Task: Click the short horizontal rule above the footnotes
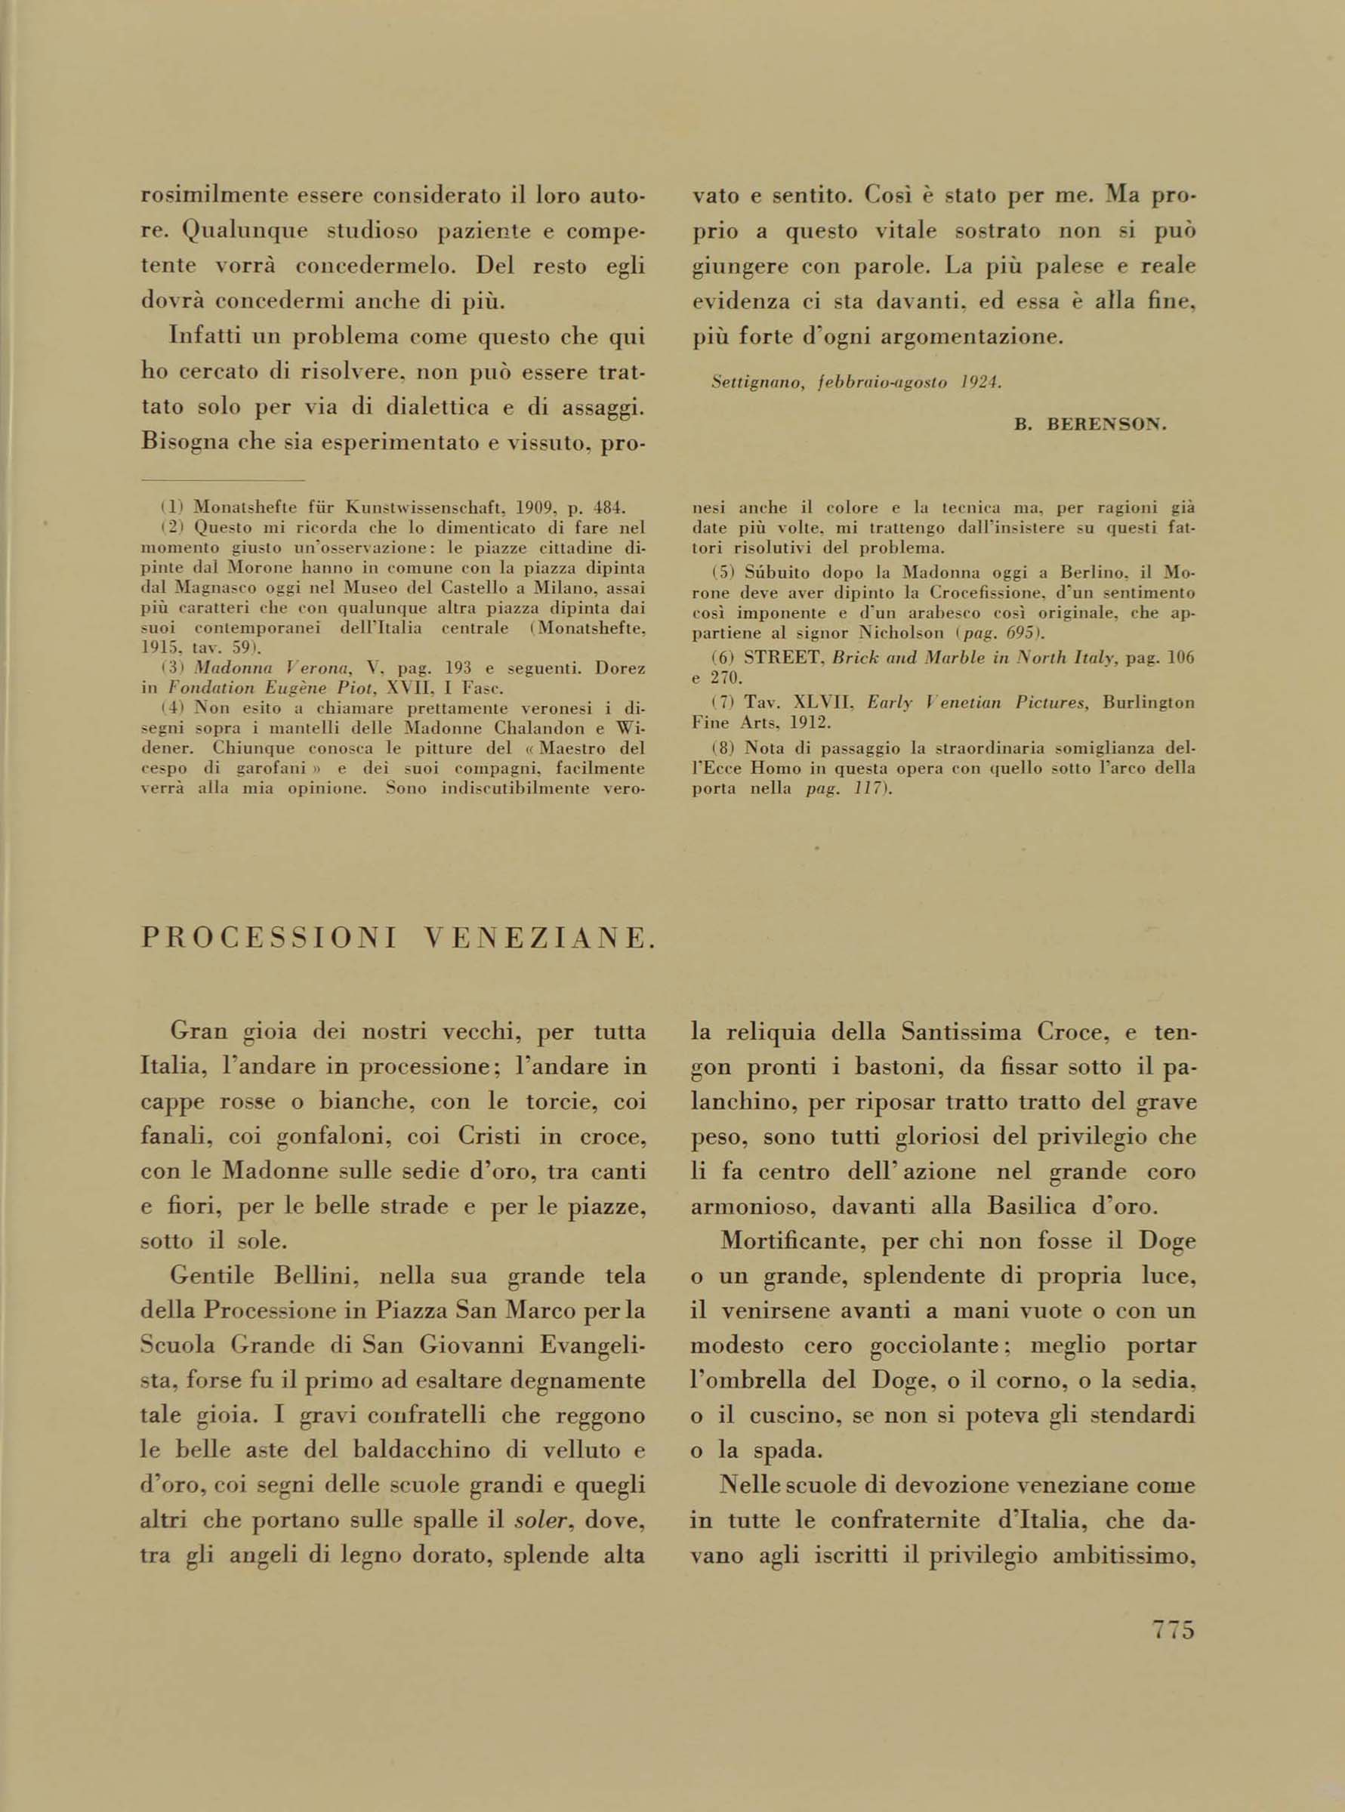click(x=222, y=481)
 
